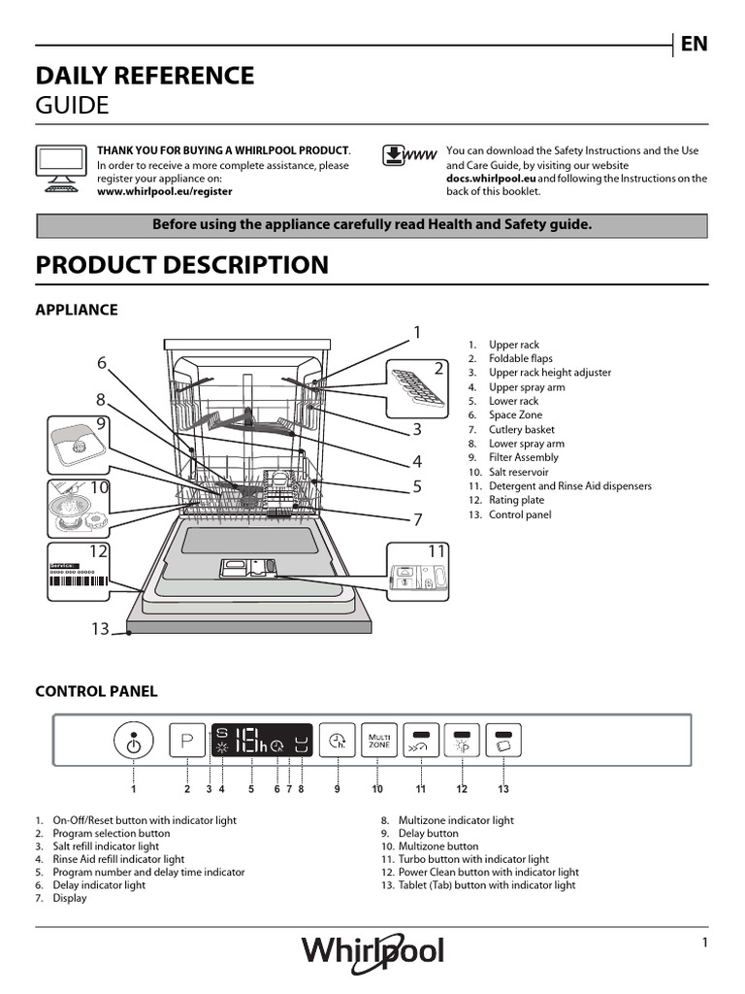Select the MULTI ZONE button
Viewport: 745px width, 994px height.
378,743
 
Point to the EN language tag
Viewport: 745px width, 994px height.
694,44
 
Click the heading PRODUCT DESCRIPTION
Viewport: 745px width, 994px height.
182,265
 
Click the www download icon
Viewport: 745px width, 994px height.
405,155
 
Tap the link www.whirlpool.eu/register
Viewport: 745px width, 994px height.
164,192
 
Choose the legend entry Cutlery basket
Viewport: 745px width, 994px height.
521,429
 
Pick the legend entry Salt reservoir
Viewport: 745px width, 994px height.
520,472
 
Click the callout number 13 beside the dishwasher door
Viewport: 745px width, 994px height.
101,629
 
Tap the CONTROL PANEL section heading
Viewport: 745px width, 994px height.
96,691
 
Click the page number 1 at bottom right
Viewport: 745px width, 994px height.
705,944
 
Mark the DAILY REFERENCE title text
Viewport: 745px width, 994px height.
145,76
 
